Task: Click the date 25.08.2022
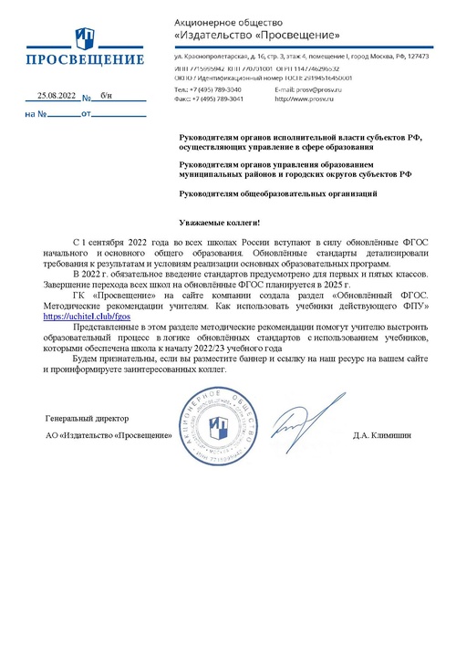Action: [55, 96]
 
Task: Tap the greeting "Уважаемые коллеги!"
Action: [219, 223]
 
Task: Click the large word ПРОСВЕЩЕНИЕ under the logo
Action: [84, 61]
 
